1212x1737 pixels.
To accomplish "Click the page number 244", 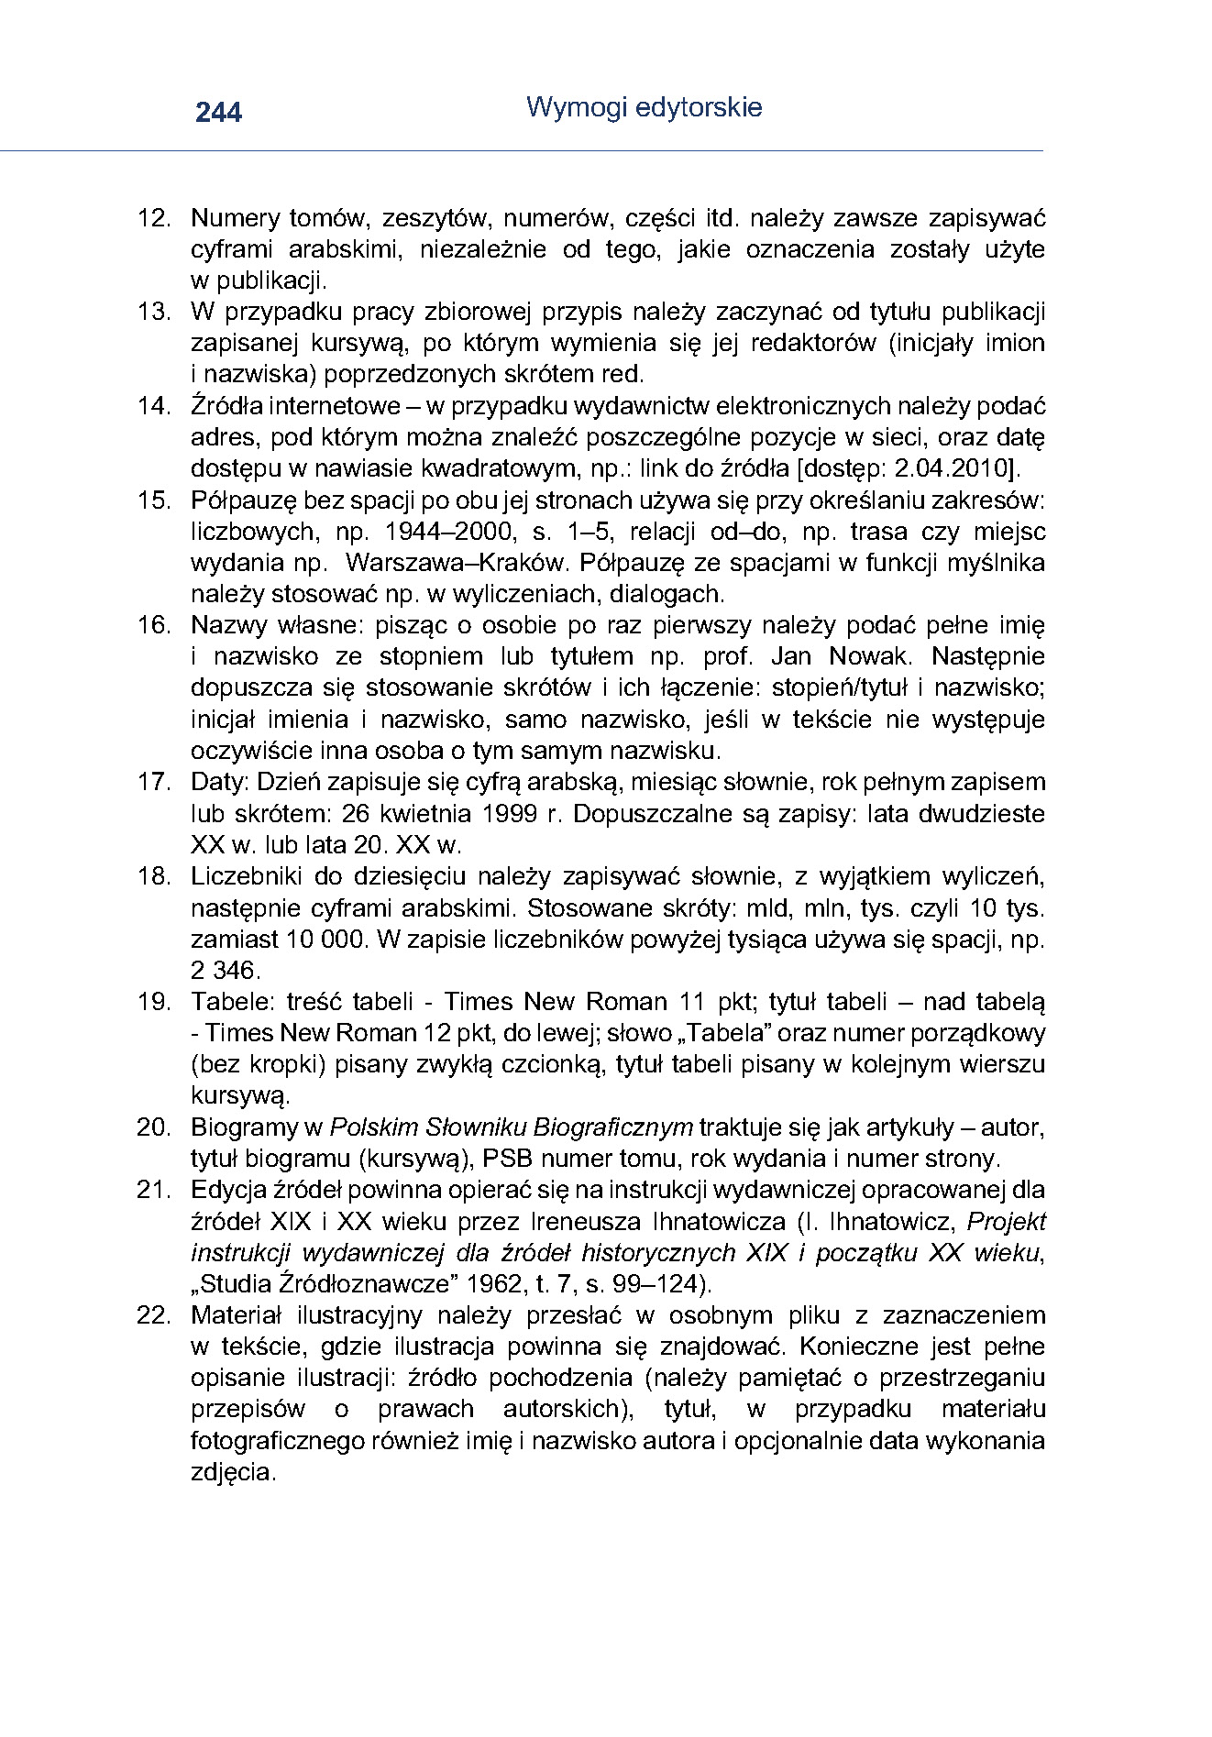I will [x=218, y=112].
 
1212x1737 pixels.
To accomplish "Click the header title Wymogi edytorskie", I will [x=644, y=107].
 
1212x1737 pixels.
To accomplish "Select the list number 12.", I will [x=153, y=218].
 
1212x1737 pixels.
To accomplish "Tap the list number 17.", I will [x=153, y=782].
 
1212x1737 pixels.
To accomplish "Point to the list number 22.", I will [x=153, y=1314].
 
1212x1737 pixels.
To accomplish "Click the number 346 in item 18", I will [x=241, y=970].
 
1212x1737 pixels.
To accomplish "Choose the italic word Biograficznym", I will [x=613, y=1127].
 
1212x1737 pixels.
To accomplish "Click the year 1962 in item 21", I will [x=509, y=1283].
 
